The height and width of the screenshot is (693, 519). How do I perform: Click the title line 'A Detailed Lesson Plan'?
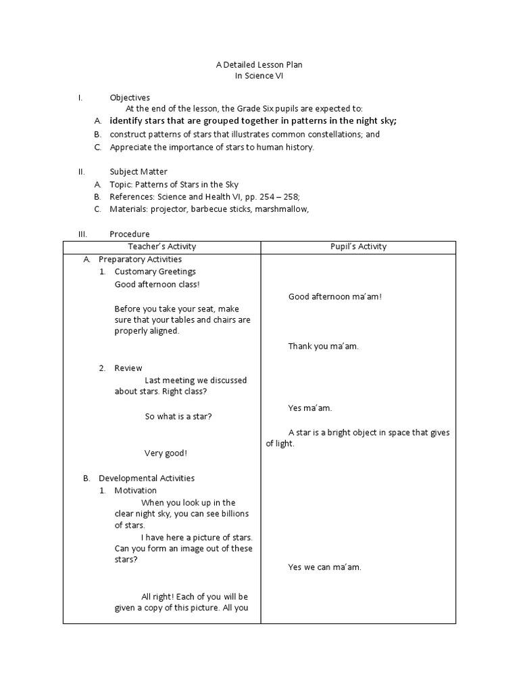259,64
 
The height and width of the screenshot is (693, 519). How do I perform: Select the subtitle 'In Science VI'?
259,76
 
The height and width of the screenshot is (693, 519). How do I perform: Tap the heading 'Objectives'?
130,97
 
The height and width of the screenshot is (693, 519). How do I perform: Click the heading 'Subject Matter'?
139,172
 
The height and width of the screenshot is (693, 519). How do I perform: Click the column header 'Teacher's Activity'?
162,246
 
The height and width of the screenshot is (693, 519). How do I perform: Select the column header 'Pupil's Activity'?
358,246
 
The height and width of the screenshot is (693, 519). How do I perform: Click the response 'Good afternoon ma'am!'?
335,296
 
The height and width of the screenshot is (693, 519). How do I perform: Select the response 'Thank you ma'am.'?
323,346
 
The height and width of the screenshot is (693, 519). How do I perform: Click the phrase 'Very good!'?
166,453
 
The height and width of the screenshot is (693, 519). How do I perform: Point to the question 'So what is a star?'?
178,416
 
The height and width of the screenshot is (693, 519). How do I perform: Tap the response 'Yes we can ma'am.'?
324,567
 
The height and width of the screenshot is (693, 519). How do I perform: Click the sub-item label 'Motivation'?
135,490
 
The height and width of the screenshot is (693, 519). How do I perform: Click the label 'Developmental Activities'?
147,478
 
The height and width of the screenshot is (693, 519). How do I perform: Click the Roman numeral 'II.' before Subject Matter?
81,172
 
